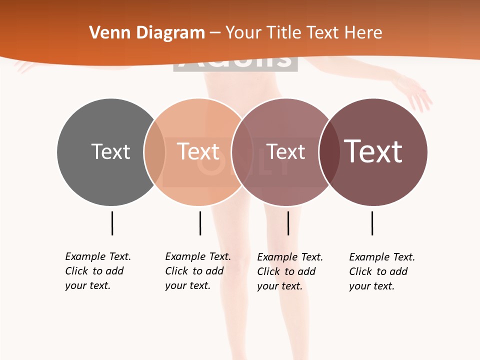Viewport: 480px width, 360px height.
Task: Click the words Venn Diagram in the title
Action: (x=147, y=33)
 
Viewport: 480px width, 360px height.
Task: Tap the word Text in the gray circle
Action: (x=110, y=151)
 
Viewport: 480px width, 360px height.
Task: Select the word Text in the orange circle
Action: (x=198, y=151)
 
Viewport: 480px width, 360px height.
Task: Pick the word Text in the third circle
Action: (x=285, y=151)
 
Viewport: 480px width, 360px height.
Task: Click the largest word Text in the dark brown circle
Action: (x=373, y=151)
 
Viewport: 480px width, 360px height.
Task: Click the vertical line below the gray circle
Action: (x=112, y=223)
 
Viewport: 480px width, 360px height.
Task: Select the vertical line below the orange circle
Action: (x=200, y=223)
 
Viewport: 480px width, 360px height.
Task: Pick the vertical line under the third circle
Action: (x=288, y=223)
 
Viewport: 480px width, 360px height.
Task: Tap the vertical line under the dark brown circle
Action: (x=372, y=223)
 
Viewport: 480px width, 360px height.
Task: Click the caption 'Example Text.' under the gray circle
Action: (x=98, y=256)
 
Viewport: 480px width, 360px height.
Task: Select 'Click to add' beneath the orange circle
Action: (x=194, y=271)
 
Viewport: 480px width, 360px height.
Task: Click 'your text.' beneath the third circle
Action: (x=279, y=286)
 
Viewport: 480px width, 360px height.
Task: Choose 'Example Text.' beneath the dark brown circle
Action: (x=382, y=257)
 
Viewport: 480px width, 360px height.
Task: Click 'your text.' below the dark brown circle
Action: (x=371, y=286)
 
